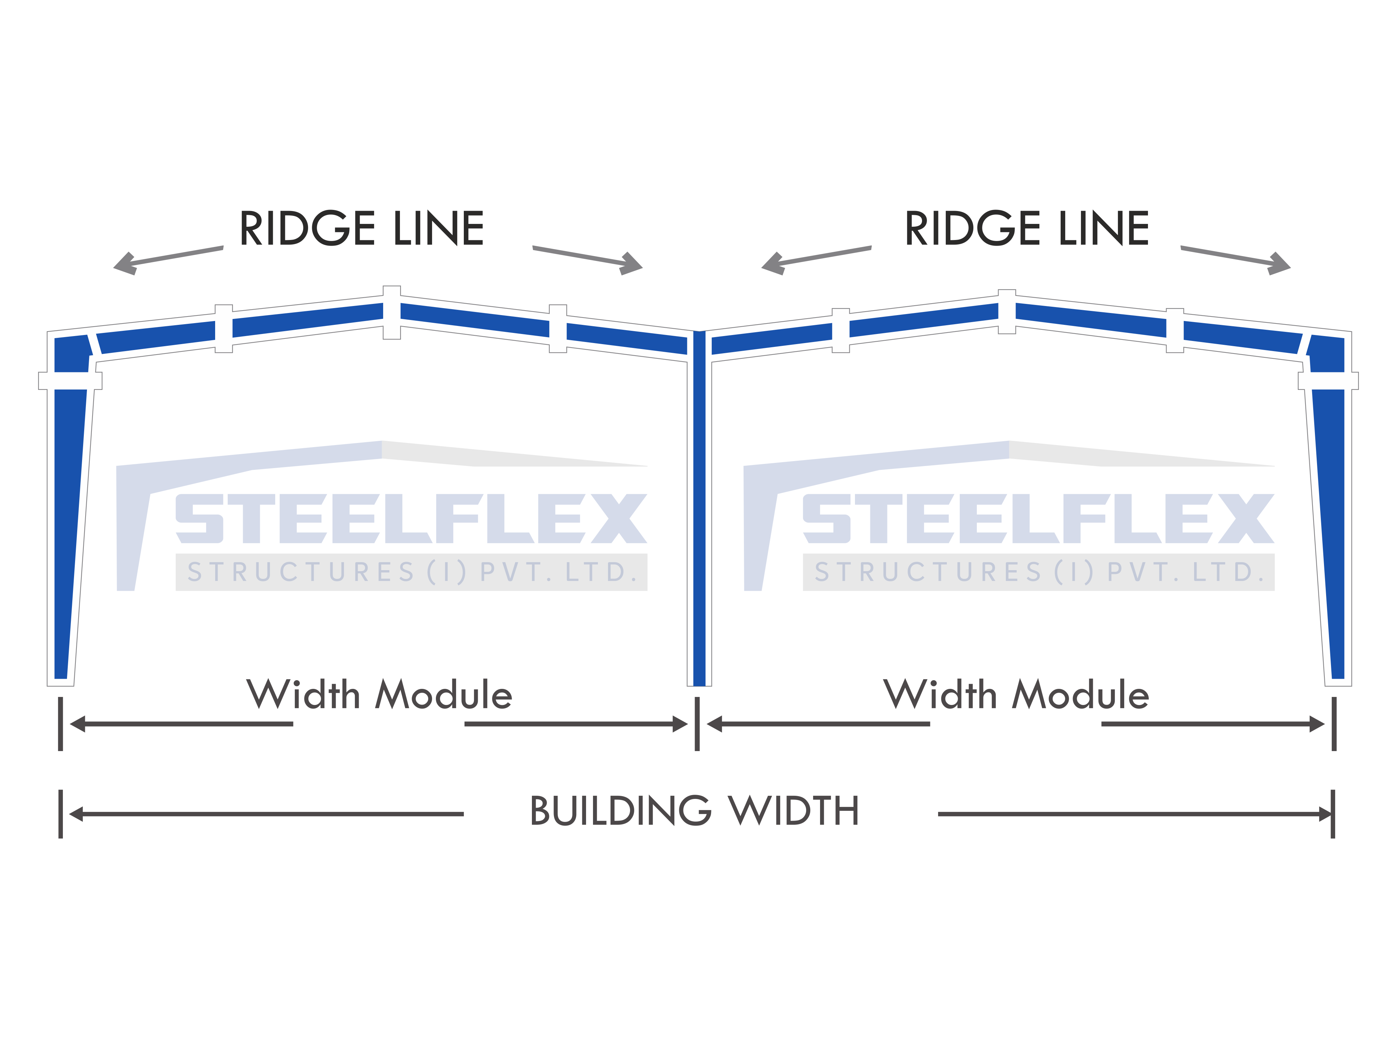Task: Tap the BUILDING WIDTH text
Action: point(695,811)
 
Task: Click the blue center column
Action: point(699,509)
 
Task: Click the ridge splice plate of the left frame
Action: point(392,313)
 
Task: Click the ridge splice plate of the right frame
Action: point(1007,312)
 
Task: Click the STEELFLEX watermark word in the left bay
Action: point(412,519)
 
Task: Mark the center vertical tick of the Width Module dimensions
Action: point(697,724)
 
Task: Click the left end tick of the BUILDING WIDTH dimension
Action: point(61,814)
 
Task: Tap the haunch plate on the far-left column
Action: point(70,381)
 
